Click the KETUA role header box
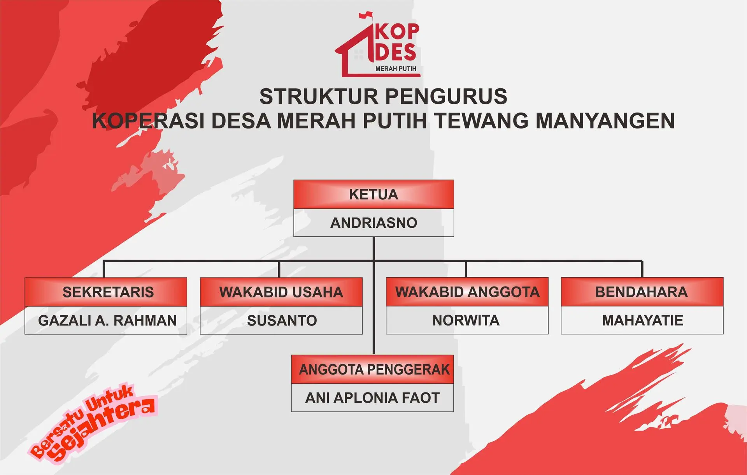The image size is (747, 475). (x=373, y=194)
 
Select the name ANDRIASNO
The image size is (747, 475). (x=373, y=223)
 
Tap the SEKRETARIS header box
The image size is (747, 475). (x=106, y=292)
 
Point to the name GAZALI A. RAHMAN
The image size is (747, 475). (x=107, y=320)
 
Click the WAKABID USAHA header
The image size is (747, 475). (x=281, y=292)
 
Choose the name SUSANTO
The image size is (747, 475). (x=282, y=320)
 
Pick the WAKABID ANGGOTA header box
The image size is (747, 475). (x=467, y=292)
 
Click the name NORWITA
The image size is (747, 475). (x=466, y=320)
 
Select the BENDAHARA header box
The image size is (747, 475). (x=642, y=292)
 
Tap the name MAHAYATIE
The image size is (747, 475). (x=642, y=320)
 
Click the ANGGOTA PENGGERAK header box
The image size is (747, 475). (x=373, y=369)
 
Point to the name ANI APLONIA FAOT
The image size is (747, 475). (x=372, y=398)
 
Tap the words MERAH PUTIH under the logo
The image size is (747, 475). (x=396, y=69)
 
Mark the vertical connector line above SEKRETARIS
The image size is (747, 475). (x=104, y=269)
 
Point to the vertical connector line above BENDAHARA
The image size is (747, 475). (x=642, y=269)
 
